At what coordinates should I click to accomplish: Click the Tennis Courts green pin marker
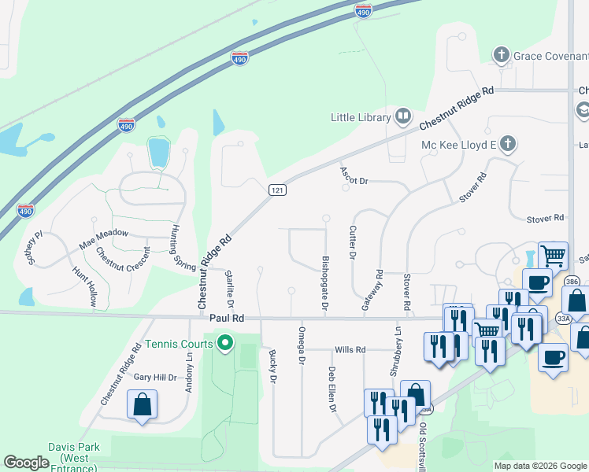tap(225, 342)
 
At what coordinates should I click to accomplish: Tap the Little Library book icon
tap(403, 117)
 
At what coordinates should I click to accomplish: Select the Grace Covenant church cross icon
tap(500, 56)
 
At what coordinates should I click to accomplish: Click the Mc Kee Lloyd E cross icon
tap(509, 144)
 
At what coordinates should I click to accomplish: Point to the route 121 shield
tap(276, 190)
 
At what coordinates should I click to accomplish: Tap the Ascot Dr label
tap(354, 175)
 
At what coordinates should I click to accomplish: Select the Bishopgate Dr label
tap(324, 282)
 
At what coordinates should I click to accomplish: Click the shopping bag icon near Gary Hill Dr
tap(143, 405)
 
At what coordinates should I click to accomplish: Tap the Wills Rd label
tap(350, 349)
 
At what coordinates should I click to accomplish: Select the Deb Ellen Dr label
tap(332, 389)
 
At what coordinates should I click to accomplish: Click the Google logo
tap(26, 463)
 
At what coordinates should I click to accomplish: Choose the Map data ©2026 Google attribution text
tap(540, 466)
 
